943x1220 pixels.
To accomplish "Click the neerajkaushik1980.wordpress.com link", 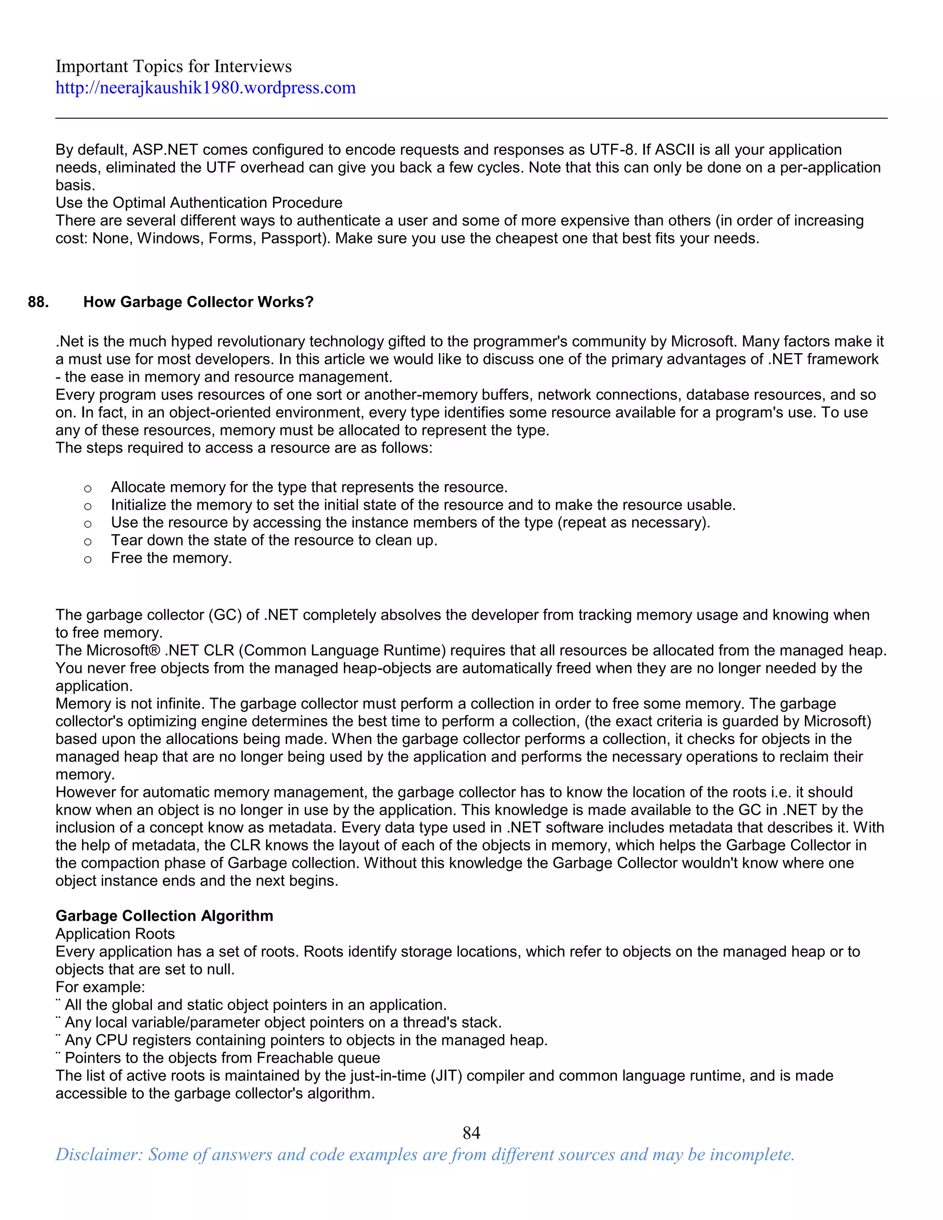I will pyautogui.click(x=205, y=87).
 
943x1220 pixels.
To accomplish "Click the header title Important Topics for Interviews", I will pyautogui.click(x=173, y=66).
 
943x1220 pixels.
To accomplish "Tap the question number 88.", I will pyautogui.click(x=39, y=302).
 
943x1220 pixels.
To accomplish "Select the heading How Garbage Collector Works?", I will pyautogui.click(x=198, y=302).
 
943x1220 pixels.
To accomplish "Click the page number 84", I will pyautogui.click(x=471, y=1133).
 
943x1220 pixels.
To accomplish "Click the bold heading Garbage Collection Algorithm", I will pyautogui.click(x=164, y=916).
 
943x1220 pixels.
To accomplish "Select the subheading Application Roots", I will pyautogui.click(x=115, y=934).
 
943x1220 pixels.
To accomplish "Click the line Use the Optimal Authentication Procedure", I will pyautogui.click(x=199, y=203).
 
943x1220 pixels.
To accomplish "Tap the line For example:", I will pyautogui.click(x=100, y=987).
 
